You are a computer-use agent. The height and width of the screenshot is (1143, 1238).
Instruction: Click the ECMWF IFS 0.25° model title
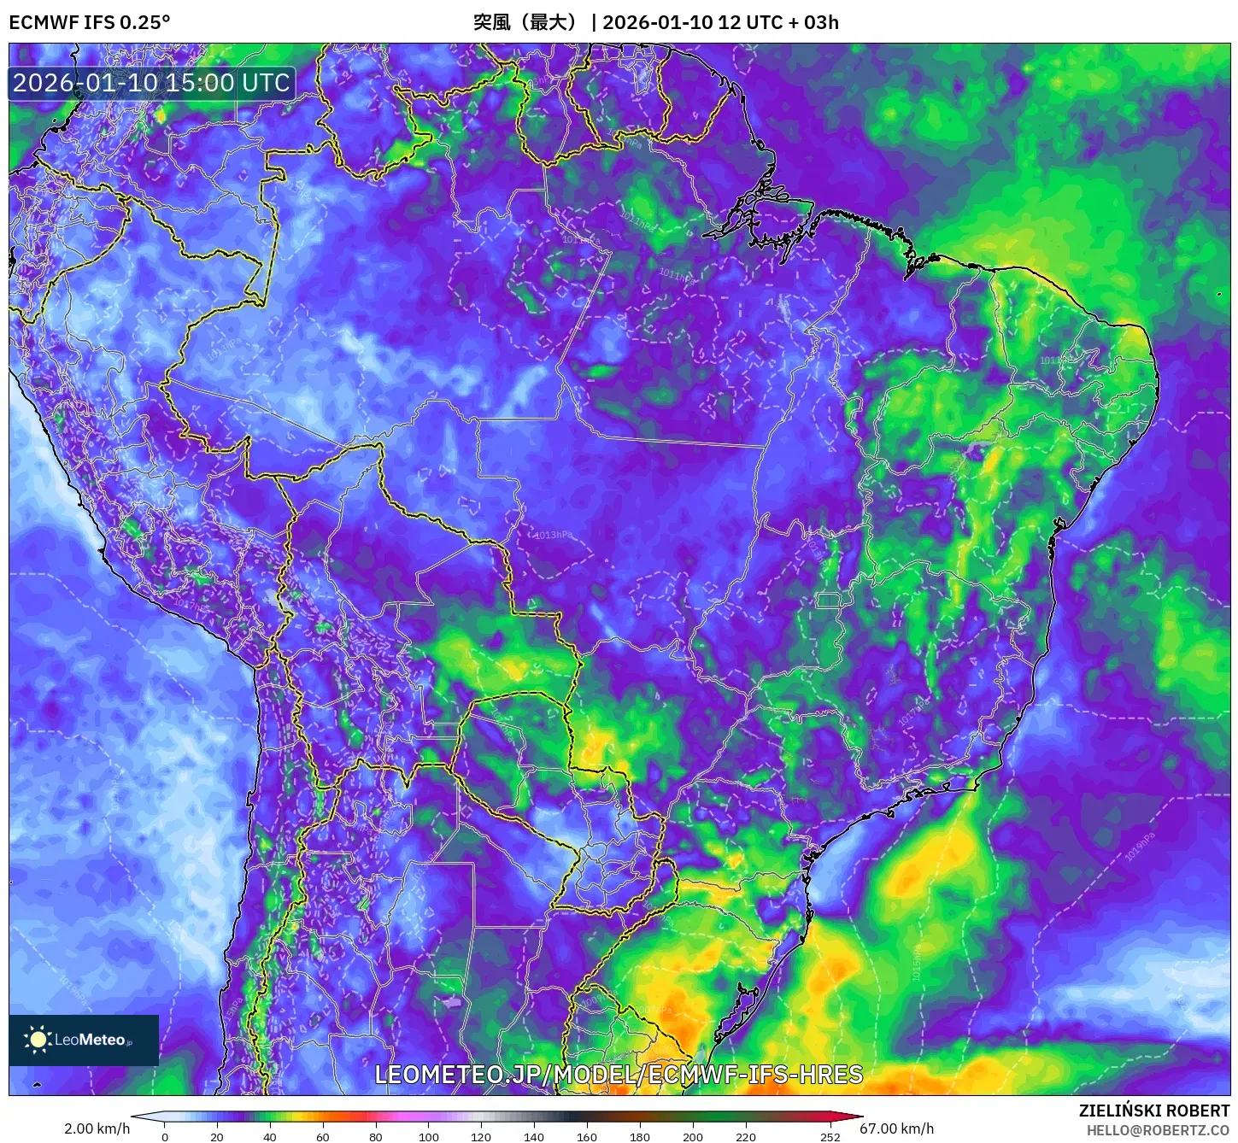90,22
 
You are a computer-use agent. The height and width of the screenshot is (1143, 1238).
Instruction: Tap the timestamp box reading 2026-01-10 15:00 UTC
151,83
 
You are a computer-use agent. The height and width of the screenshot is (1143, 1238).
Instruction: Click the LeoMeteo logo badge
84,1040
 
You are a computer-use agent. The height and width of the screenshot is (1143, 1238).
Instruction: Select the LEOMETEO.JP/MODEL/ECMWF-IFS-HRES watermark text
619,1074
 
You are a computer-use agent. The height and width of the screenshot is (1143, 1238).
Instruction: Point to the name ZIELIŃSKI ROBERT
1153,1111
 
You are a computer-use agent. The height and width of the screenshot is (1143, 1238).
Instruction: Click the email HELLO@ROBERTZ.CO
1158,1130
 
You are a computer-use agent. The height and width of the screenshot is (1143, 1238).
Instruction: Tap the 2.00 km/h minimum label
97,1128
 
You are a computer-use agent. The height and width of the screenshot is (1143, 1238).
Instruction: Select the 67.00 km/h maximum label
896,1128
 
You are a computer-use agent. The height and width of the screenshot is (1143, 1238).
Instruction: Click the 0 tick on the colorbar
165,1136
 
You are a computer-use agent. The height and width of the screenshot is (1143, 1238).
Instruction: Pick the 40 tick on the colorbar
270,1136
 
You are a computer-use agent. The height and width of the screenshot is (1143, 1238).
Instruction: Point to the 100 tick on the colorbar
429,1136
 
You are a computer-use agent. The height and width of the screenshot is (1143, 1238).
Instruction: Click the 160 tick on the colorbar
587,1136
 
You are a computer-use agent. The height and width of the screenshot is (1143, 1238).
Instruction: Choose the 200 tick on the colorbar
693,1136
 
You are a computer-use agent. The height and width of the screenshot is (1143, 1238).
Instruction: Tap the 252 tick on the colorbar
830,1136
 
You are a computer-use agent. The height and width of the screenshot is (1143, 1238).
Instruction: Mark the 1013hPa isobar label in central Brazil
554,536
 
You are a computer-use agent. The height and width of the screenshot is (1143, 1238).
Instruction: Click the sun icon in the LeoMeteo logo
38,1040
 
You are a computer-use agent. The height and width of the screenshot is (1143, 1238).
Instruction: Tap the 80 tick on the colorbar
376,1136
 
